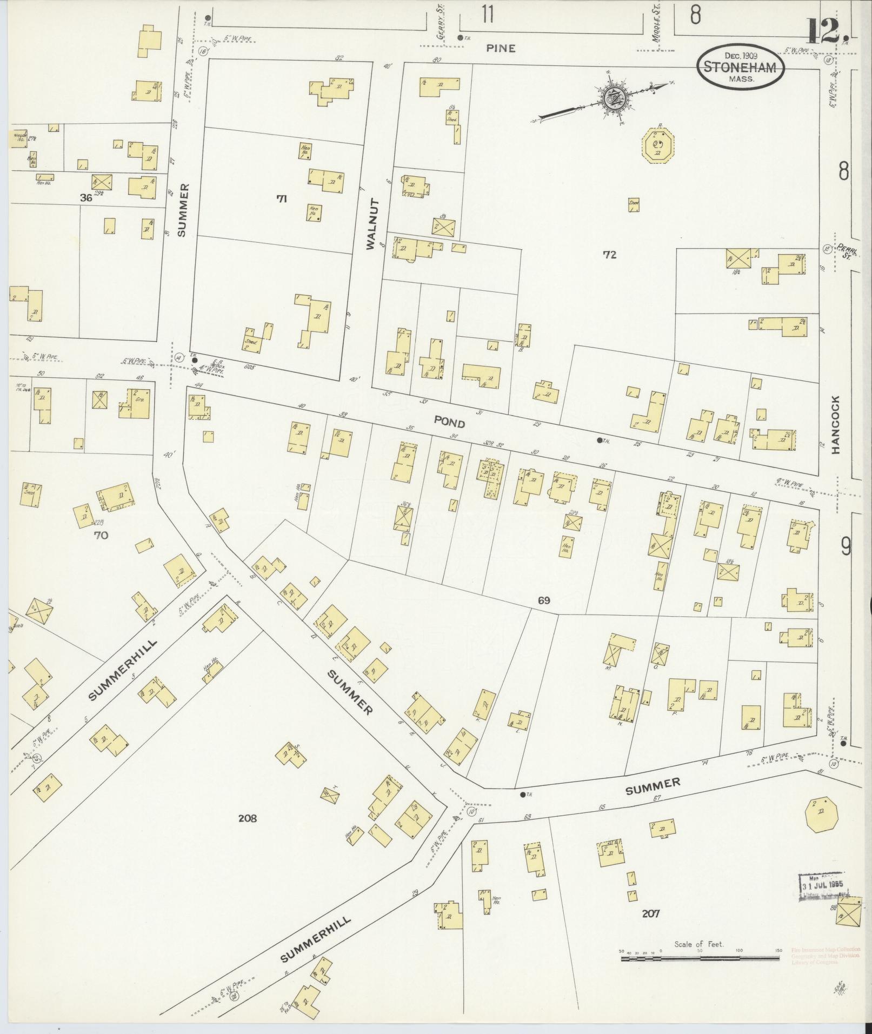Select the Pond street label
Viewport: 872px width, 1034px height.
coord(449,422)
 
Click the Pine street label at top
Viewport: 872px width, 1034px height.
coord(501,48)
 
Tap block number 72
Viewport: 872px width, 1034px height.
coord(610,255)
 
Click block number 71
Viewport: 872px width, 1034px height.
coord(281,199)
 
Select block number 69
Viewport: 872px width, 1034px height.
coord(543,599)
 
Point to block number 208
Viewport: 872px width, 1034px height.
coord(247,818)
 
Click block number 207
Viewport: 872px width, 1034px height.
coord(651,913)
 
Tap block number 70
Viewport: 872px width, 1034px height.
coord(101,535)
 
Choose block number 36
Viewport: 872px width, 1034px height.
coord(85,198)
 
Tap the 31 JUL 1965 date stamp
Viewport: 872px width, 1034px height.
coord(821,886)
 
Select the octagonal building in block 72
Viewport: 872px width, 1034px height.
coord(658,145)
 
